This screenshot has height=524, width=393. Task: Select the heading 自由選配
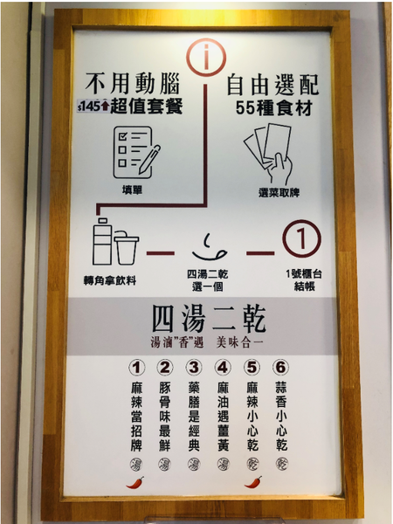272,85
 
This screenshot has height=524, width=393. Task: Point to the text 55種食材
271,109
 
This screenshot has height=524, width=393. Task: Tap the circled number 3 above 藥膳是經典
195,367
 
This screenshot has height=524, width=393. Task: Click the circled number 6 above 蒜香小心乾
279,367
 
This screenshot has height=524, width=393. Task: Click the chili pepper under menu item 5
252,481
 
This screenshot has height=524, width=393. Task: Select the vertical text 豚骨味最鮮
165,415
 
